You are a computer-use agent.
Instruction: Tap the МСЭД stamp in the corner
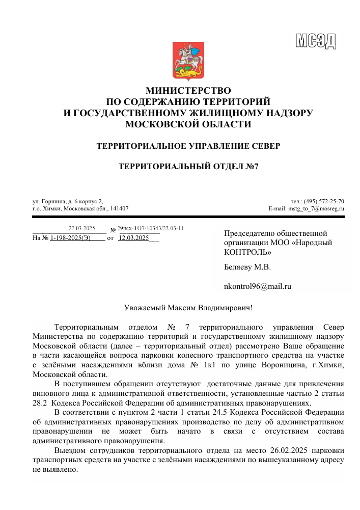tap(316, 40)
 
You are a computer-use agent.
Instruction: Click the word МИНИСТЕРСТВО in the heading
tap(188, 91)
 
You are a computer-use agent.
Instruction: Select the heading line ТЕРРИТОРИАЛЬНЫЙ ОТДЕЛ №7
tap(188, 167)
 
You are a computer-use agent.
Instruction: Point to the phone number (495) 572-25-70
tap(324, 201)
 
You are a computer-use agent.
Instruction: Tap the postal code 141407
tap(119, 208)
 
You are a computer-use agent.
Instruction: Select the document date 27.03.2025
tap(82, 228)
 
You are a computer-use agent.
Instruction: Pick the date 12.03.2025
tap(133, 238)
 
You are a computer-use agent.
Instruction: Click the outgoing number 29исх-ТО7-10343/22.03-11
tap(150, 228)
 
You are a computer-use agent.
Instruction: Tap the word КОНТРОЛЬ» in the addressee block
tap(247, 252)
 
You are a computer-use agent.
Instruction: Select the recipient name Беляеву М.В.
tap(247, 267)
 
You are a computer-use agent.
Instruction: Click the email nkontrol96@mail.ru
tap(257, 286)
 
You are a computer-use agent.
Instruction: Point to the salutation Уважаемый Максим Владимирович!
tap(188, 308)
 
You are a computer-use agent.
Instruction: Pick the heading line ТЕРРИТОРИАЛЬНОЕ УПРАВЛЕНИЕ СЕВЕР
tap(188, 146)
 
